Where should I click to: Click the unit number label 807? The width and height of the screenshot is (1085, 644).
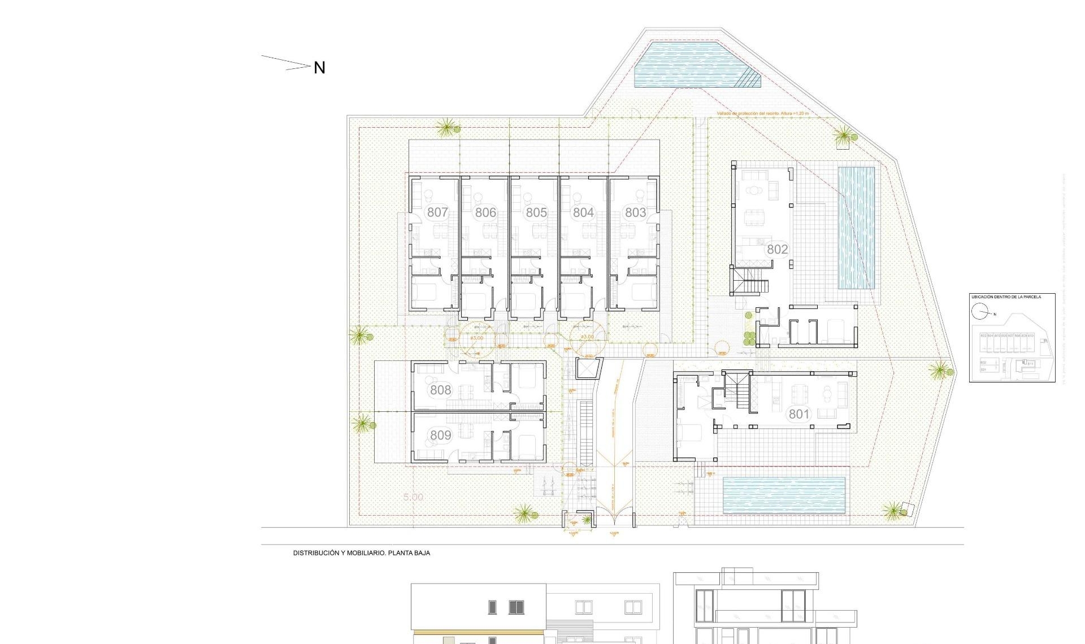[437, 212]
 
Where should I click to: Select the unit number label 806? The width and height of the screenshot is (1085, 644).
[485, 212]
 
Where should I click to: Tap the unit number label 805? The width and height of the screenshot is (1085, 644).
[536, 212]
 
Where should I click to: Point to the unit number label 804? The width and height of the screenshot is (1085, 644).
[583, 212]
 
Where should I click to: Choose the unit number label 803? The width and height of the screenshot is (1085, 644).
[635, 212]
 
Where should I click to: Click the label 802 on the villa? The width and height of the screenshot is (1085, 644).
[777, 249]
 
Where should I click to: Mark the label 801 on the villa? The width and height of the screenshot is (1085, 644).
[799, 414]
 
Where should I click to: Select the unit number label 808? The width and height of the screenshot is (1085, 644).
[440, 390]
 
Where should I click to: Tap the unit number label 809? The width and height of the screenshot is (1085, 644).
[440, 435]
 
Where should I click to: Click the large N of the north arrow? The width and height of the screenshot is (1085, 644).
[319, 68]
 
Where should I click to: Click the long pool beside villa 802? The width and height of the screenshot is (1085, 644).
[856, 227]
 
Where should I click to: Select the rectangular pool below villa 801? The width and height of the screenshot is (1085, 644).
[784, 495]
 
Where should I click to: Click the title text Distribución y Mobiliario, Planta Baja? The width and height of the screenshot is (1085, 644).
[361, 553]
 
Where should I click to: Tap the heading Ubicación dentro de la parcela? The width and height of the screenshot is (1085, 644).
[1005, 297]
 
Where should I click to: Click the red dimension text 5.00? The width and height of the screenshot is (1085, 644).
[413, 497]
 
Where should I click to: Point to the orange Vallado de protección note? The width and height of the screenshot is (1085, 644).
[762, 114]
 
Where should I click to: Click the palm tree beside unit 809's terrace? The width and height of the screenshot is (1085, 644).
[362, 424]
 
